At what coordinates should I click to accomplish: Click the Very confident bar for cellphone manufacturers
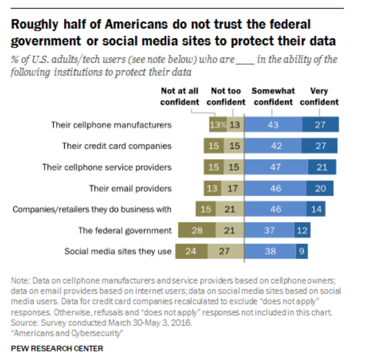320,125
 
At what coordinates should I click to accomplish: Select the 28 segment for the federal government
196,231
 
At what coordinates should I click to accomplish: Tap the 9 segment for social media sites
301,251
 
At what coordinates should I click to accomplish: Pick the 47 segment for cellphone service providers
275,167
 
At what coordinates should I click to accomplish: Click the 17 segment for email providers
232,188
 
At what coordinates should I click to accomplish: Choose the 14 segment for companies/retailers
316,209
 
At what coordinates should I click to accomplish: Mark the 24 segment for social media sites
191,251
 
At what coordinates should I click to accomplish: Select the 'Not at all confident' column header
179,97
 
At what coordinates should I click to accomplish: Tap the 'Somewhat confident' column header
273,97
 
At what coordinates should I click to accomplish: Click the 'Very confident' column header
319,97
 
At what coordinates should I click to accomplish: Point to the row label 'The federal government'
125,230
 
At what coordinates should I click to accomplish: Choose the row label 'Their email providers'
130,188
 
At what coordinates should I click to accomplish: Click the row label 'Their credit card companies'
117,146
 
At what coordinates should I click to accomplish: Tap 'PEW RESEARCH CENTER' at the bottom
57,348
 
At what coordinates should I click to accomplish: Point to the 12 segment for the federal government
302,231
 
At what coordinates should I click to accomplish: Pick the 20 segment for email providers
320,188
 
